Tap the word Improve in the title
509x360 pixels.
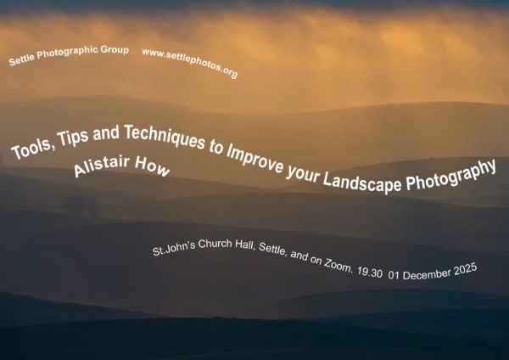point(268,155)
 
